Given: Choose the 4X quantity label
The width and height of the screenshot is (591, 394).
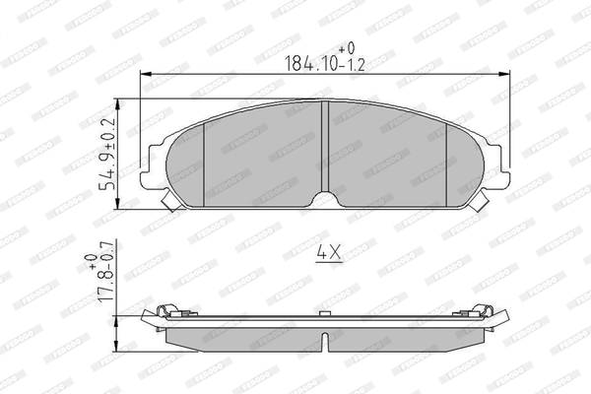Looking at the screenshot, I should point(327,253).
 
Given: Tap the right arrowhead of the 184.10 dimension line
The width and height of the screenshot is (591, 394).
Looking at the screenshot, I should point(505,75).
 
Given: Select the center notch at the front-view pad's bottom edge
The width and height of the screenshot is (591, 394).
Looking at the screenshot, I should point(326,200).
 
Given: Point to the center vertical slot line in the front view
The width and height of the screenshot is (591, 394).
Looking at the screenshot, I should point(326,148).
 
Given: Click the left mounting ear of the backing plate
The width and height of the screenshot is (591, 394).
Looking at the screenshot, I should point(154,169).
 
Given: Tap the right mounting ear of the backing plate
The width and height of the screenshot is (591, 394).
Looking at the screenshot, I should point(499,169).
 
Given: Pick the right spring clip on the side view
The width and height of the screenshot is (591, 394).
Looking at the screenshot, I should point(482,311).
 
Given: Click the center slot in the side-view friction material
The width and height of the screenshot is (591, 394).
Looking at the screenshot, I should point(326,339).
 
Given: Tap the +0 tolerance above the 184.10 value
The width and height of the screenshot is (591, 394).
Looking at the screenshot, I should point(347,47).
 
